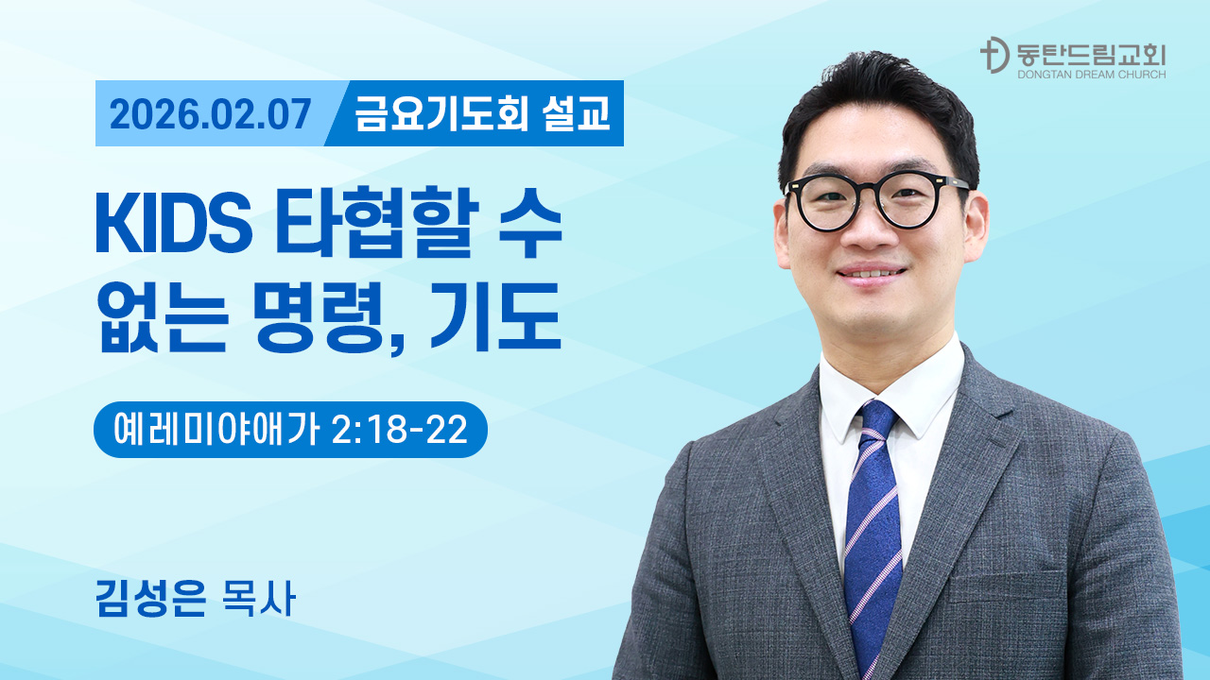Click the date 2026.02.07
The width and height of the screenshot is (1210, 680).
[x=210, y=114]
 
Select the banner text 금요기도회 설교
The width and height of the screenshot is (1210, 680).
[x=482, y=114]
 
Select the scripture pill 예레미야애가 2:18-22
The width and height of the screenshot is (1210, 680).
[x=290, y=430]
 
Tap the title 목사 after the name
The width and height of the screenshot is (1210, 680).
[x=256, y=600]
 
